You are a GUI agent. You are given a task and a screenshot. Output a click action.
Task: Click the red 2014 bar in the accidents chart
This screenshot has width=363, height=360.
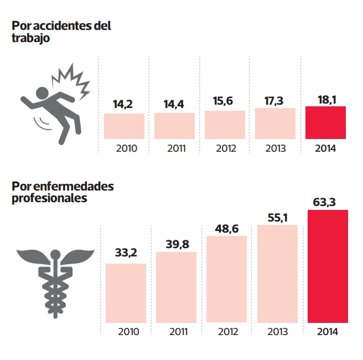[326, 122]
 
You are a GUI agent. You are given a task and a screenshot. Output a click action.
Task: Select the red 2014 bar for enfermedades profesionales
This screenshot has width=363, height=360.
[328, 266]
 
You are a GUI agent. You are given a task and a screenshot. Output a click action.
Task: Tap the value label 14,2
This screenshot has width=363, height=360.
[124, 104]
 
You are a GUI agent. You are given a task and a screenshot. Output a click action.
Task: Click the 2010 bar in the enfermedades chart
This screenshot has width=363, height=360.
[126, 292]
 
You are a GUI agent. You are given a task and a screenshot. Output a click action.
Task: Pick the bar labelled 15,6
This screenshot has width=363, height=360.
[225, 125]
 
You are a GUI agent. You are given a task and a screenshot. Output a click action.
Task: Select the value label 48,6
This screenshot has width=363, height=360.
[227, 228]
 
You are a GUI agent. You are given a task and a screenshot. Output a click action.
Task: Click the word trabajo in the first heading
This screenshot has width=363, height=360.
[31, 38]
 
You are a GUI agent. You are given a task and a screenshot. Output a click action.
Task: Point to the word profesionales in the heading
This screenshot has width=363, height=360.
[49, 198]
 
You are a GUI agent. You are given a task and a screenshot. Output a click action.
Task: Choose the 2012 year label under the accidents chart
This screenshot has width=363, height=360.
[225, 148]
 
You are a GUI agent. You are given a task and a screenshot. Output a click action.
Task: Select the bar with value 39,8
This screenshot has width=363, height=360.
[176, 287]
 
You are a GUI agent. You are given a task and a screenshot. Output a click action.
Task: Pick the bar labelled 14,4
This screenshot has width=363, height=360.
[174, 126]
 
